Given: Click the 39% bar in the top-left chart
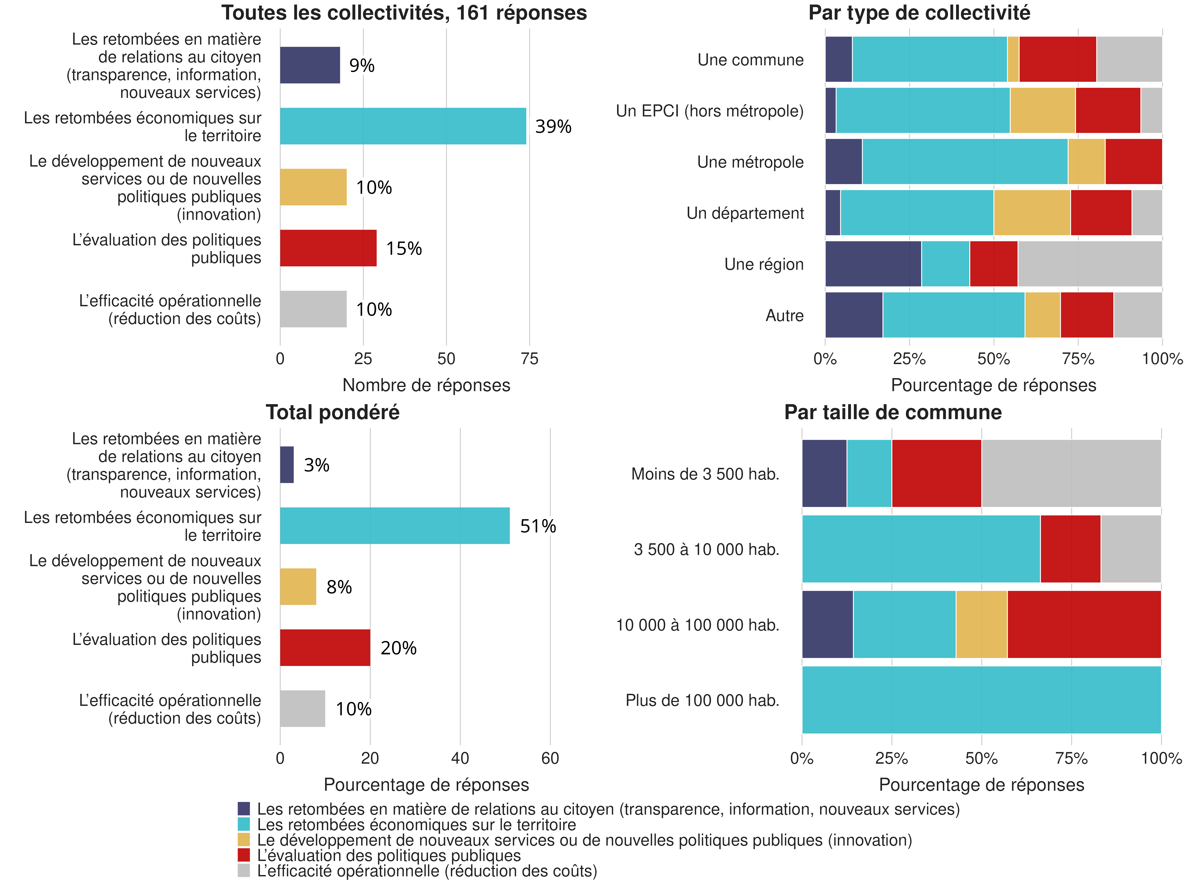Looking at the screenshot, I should [403, 126].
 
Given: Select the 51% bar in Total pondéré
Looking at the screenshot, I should [394, 526].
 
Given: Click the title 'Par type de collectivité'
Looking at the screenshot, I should [919, 13].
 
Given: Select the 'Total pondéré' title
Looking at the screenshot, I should [332, 412].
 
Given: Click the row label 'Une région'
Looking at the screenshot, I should [764, 264].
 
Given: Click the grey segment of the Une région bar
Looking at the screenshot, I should [1090, 264].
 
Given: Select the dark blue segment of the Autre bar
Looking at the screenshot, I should [854, 315].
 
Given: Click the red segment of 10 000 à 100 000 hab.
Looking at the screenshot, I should [1084, 624].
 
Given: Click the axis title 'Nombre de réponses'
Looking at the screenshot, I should [426, 385].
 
